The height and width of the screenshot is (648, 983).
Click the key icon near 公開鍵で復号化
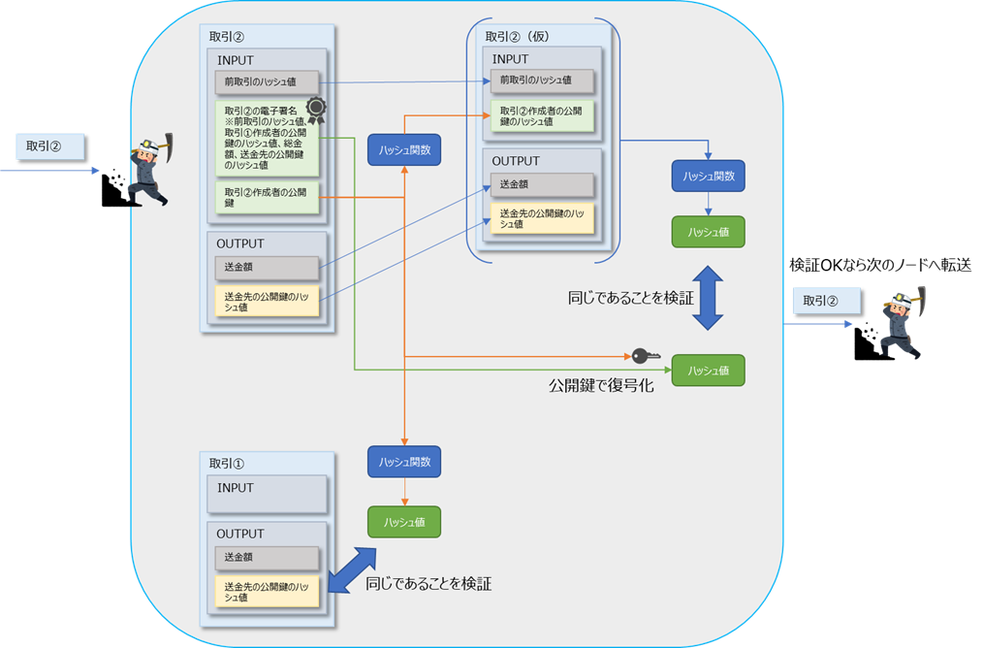(645, 356)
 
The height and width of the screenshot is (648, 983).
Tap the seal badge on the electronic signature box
(315, 108)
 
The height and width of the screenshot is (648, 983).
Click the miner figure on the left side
(136, 171)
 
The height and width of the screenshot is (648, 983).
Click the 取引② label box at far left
(51, 147)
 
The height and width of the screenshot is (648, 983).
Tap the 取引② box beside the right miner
(826, 301)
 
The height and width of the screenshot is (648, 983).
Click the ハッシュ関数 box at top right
(708, 176)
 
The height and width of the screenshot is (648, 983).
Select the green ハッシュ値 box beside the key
(708, 371)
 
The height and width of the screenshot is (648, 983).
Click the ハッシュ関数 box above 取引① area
(404, 462)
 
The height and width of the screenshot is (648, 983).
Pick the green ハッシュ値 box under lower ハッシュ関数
(404, 522)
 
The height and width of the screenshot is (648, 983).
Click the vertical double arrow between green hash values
(708, 298)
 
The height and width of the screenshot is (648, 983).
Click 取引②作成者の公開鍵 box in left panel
(267, 198)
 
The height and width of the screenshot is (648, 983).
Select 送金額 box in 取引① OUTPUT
(267, 558)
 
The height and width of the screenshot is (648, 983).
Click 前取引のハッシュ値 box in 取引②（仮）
(541, 81)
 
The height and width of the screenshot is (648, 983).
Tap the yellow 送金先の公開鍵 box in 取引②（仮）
(541, 218)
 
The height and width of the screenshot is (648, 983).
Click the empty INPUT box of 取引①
(267, 494)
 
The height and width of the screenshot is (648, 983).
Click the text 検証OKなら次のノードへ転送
(880, 265)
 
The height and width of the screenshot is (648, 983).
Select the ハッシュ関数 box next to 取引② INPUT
(404, 149)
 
